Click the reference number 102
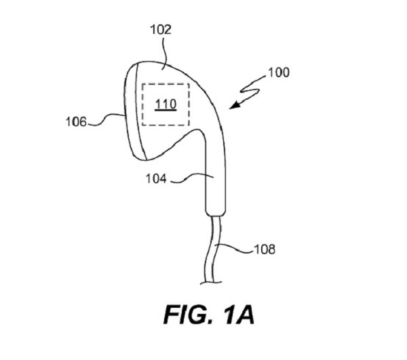tap(161, 29)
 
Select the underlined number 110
tap(166, 104)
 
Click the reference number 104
tap(157, 179)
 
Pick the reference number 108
tap(263, 249)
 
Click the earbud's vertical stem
tap(216, 183)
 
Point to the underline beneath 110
tap(166, 110)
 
